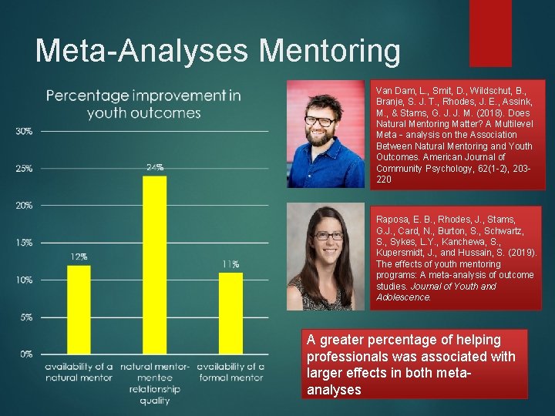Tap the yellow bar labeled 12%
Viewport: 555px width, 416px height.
tap(79, 308)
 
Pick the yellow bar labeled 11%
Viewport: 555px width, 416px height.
tap(230, 312)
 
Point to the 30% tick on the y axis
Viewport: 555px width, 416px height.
tap(24, 131)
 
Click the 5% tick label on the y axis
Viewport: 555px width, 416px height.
tap(25, 317)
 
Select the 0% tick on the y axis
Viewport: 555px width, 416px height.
tap(25, 354)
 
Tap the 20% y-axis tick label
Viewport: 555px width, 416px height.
tap(24, 206)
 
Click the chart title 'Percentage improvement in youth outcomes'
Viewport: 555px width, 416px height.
tap(143, 104)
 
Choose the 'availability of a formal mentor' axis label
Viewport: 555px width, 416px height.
tap(230, 371)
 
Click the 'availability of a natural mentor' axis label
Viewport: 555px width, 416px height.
tap(79, 371)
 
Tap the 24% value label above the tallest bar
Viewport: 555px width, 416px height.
tap(154, 167)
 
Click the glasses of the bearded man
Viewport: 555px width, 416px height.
tap(321, 121)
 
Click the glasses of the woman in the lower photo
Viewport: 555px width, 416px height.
tap(328, 236)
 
